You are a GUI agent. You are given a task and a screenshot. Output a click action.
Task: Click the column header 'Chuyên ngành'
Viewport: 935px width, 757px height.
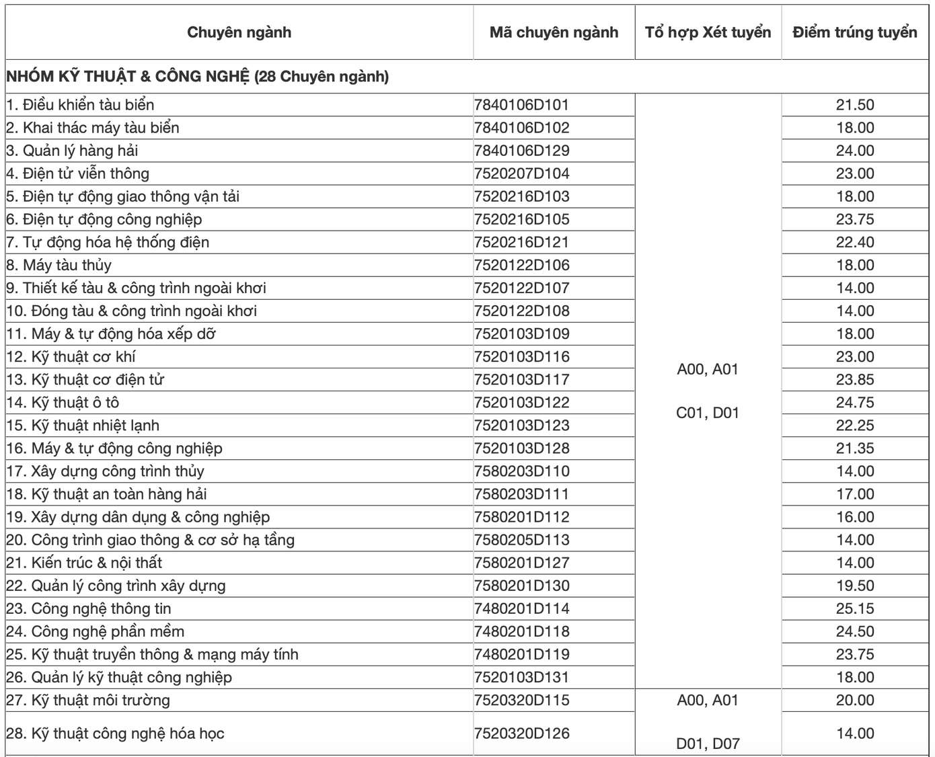tap(239, 32)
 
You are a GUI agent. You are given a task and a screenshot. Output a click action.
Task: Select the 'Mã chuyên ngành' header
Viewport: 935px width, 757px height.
tap(554, 32)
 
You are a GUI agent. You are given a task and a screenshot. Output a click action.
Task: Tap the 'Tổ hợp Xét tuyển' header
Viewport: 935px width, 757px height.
tap(708, 32)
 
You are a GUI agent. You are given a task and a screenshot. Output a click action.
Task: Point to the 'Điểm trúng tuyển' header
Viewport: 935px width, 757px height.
tap(854, 32)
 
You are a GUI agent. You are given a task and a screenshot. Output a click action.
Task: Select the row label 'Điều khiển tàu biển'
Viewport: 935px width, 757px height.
tap(80, 105)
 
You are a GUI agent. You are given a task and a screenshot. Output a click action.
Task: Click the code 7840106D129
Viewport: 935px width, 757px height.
tap(521, 151)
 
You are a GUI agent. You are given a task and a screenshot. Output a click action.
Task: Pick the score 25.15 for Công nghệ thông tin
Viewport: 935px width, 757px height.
tap(855, 608)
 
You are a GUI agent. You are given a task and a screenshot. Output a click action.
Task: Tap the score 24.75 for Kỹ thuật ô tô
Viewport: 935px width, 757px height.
tap(855, 403)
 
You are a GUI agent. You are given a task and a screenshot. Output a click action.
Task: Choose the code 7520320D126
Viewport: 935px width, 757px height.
tap(521, 733)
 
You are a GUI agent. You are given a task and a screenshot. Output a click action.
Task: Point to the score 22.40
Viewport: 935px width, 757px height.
tap(855, 242)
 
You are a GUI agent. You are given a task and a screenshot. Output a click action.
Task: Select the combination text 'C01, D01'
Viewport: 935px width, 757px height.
tap(708, 413)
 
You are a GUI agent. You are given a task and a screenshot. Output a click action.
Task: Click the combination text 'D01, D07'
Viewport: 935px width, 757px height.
tap(708, 744)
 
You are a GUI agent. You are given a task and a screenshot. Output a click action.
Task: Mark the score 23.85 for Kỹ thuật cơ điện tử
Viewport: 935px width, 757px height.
tap(855, 380)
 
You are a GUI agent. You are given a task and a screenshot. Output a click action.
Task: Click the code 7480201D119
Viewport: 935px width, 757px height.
tap(521, 654)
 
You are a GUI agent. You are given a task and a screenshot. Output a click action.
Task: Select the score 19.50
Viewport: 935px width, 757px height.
tap(855, 586)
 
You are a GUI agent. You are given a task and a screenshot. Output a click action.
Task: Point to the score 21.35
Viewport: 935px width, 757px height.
tap(855, 448)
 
